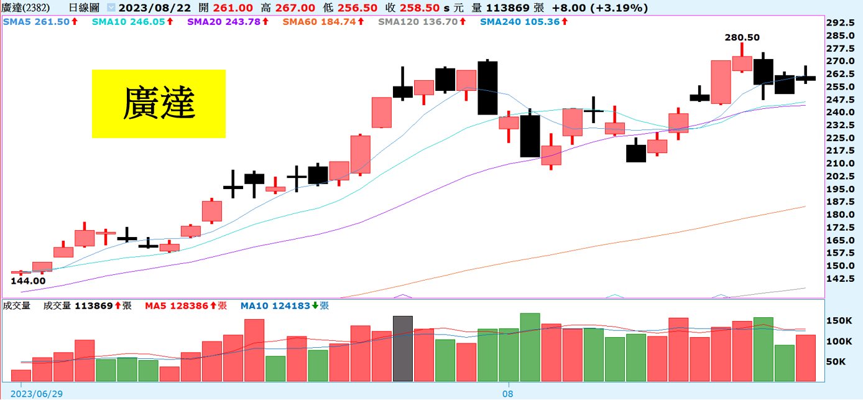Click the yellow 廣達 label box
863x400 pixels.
pos(159,103)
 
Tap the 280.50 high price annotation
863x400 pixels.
pos(742,37)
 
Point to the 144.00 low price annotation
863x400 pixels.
pos(28,281)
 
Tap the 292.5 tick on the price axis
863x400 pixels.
pos(844,22)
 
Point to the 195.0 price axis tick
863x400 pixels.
pos(844,189)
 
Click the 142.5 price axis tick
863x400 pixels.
pos(844,279)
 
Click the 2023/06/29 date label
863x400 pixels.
pos(37,394)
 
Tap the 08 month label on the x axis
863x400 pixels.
pos(508,394)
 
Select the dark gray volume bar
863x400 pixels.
pos(402,348)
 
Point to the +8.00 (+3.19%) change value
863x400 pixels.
pos(606,8)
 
